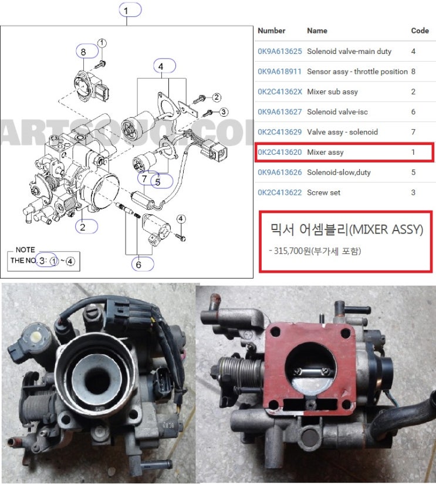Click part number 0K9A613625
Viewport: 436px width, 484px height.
(279, 52)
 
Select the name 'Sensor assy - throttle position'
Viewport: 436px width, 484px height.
(357, 72)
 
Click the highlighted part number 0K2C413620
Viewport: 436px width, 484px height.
(279, 153)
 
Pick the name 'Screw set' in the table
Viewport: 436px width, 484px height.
(323, 192)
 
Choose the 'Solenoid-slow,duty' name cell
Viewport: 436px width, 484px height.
(339, 172)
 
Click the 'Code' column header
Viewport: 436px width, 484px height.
(420, 31)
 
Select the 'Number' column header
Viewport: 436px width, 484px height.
(271, 31)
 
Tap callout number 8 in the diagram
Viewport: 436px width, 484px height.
(83, 52)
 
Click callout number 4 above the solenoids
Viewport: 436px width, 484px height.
(160, 67)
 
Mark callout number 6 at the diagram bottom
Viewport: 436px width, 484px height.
(138, 265)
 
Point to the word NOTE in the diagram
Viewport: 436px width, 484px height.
(25, 249)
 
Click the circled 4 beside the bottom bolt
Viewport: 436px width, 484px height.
(181, 219)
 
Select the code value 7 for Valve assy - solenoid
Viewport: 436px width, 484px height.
(413, 132)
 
